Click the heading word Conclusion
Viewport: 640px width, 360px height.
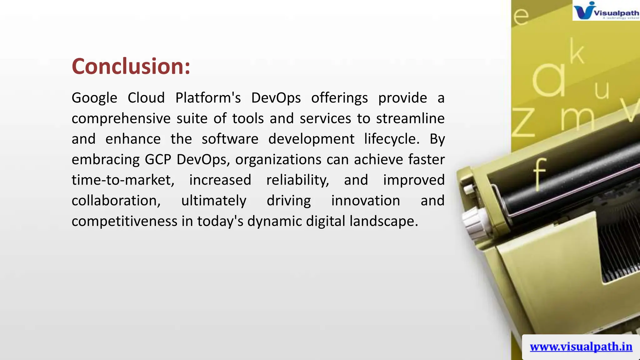point(131,66)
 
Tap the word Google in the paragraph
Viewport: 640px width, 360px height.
point(94,98)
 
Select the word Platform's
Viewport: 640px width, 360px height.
point(208,98)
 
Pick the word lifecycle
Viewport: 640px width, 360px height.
point(392,139)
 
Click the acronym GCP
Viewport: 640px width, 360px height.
point(158,160)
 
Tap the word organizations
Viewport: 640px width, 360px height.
point(278,160)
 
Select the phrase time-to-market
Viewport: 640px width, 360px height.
point(123,180)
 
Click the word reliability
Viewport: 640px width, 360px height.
point(297,180)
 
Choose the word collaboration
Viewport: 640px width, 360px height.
point(116,201)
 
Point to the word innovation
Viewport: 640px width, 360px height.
point(366,201)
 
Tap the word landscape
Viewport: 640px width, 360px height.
point(383,221)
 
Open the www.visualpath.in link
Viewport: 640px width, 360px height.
point(581,347)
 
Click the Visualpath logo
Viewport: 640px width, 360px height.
point(606,11)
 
